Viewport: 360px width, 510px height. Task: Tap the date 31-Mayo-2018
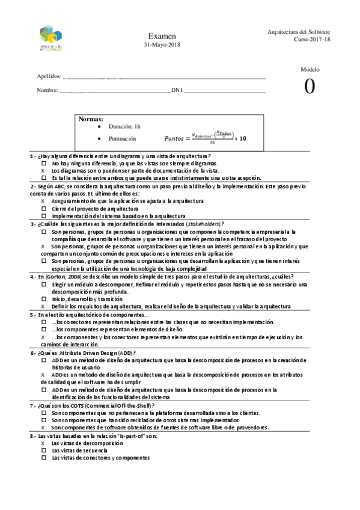pos(161,45)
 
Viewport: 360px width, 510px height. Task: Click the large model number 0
pos(310,87)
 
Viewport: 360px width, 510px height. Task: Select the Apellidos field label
pos(49,77)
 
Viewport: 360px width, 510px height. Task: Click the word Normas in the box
pos(91,119)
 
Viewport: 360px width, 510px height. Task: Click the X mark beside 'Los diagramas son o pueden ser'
pos(43,170)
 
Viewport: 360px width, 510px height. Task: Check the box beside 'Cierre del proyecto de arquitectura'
pos(43,208)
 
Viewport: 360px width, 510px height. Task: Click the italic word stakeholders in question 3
pos(204,223)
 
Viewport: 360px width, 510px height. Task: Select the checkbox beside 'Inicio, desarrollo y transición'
pos(43,298)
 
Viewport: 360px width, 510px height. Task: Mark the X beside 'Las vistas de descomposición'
pos(43,443)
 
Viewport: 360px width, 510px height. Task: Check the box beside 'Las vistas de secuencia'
pos(43,450)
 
